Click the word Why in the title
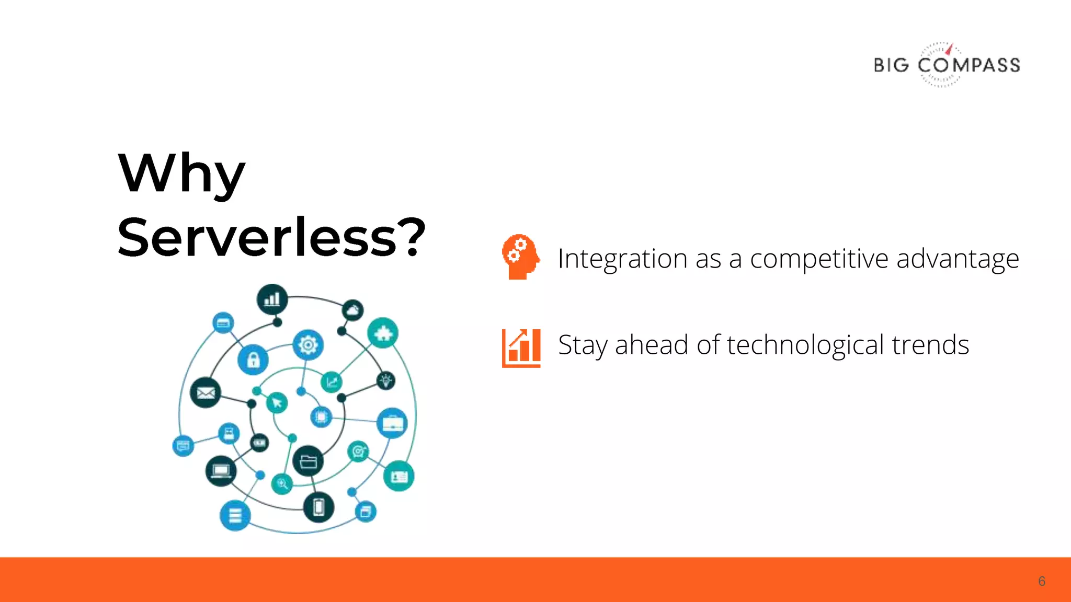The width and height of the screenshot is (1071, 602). tap(181, 174)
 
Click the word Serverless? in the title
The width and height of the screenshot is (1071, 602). tap(271, 238)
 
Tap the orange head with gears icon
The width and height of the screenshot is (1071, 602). tap(520, 257)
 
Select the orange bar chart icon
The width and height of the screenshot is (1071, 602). tap(521, 348)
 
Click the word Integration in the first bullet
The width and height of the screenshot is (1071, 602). tap(622, 259)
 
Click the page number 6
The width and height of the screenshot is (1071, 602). tap(1041, 582)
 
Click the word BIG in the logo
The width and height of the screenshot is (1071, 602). tap(891, 65)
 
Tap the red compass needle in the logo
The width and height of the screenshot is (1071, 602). tap(950, 49)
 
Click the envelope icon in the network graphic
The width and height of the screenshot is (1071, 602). tap(206, 392)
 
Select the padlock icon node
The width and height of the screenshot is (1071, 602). tap(253, 360)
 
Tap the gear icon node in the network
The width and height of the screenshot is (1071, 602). tap(308, 344)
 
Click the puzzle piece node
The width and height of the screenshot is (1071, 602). tap(383, 333)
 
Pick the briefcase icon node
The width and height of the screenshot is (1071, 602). tap(392, 423)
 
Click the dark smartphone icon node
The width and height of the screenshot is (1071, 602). tap(318, 507)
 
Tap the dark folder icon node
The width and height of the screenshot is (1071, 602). tap(308, 461)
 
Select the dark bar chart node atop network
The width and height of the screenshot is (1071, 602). tap(272, 299)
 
